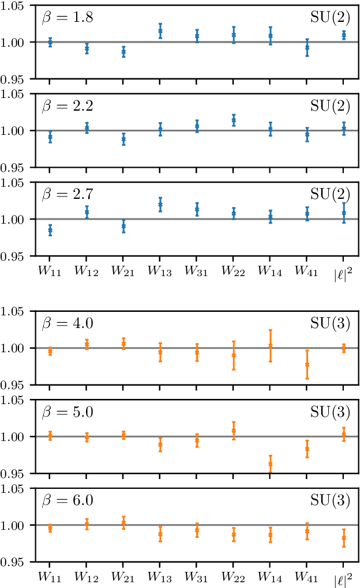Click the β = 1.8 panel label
tap(67, 18)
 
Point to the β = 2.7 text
tap(67, 194)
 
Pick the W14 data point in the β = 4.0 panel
tap(270, 346)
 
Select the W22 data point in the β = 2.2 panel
tap(234, 120)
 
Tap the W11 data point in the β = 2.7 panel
tap(50, 230)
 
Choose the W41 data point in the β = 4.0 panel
tap(307, 364)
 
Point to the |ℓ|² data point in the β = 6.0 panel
tap(344, 538)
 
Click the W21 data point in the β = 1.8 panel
tap(123, 52)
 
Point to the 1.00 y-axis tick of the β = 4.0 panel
tap(17, 348)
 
